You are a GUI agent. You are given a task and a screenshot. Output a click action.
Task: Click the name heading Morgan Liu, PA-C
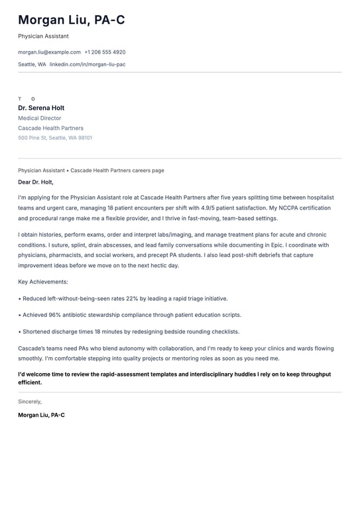72,21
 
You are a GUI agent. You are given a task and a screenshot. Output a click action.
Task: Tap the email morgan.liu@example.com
49,52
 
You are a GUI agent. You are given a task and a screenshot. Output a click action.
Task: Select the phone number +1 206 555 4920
105,52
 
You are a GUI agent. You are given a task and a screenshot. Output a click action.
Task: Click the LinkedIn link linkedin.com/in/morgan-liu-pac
88,64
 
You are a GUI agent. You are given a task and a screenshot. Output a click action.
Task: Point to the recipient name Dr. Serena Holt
41,108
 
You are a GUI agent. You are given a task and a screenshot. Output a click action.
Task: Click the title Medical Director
40,118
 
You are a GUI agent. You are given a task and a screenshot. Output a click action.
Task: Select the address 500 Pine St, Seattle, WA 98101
55,138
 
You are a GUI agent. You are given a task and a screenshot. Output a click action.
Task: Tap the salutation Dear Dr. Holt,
36,182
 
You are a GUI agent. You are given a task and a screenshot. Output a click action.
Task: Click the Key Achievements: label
43,282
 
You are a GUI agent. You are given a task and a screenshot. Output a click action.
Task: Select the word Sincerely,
30,402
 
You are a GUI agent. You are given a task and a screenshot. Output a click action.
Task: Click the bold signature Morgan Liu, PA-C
41,415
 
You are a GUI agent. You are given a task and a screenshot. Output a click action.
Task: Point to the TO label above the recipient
27,99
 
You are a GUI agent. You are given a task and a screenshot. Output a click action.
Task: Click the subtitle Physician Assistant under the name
43,36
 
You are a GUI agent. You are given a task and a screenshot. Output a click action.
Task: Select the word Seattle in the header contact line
27,64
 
